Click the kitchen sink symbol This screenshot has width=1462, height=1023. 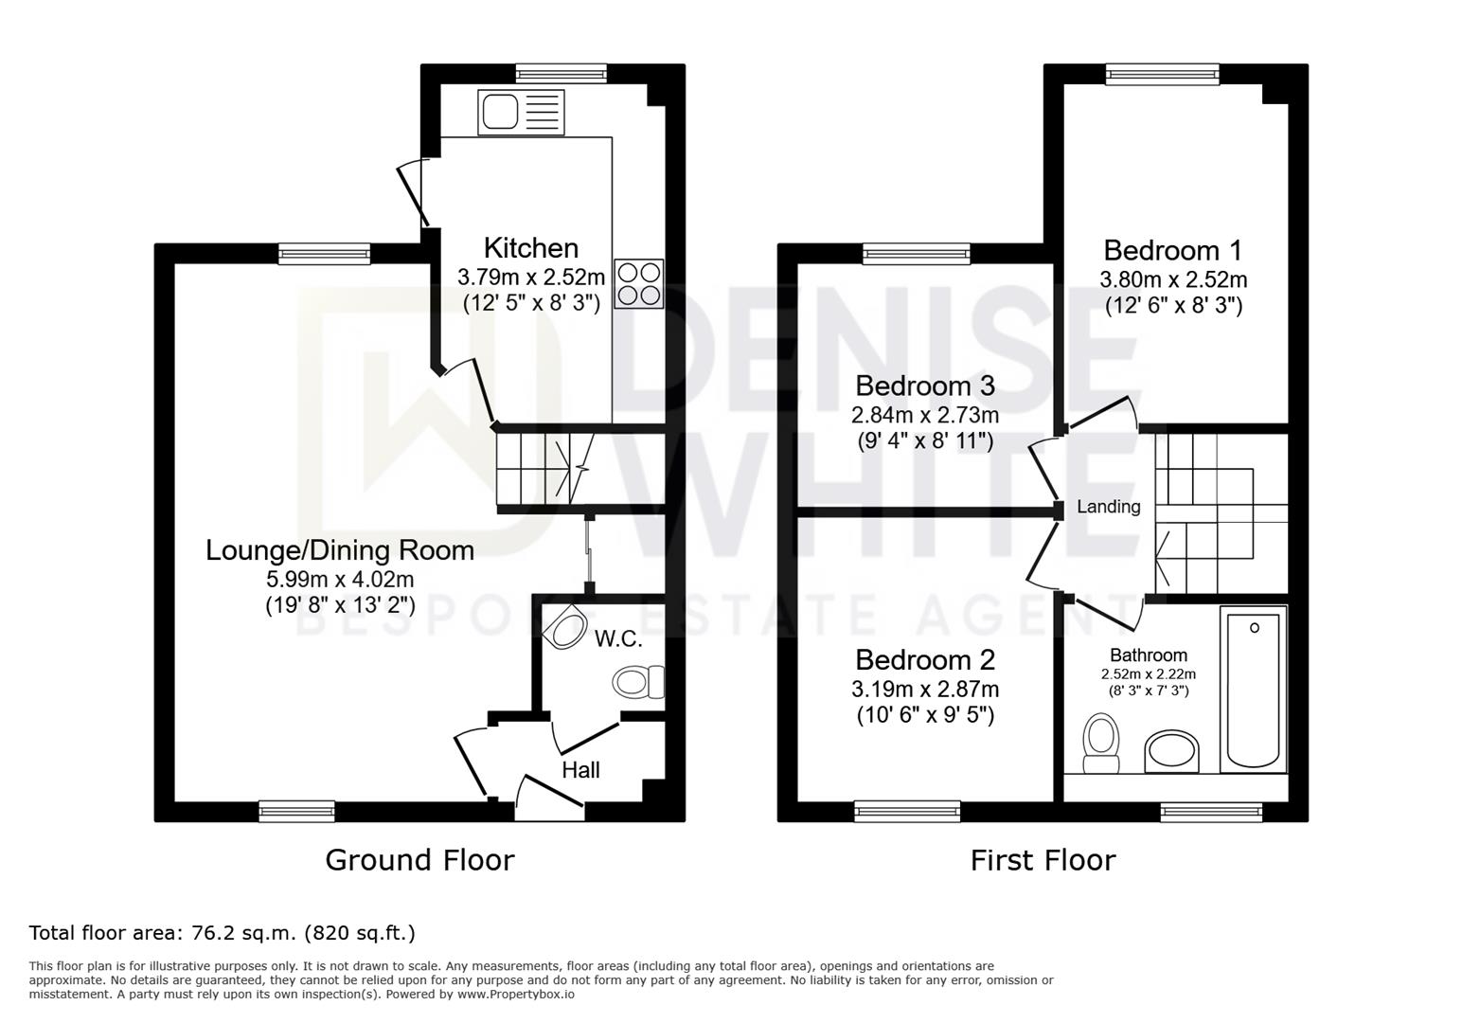(521, 113)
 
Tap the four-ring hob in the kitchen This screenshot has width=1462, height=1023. (638, 284)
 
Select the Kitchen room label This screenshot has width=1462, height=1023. (531, 248)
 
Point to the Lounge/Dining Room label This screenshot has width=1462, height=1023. (340, 550)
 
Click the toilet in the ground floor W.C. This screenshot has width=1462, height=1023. (638, 682)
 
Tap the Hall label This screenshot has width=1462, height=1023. (580, 770)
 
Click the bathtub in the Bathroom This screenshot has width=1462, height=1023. (1253, 690)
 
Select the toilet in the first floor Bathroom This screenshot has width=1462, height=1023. (1101, 744)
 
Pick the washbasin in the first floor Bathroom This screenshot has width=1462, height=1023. (1172, 751)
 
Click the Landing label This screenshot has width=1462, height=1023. (1108, 507)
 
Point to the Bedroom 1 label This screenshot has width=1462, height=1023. (1173, 250)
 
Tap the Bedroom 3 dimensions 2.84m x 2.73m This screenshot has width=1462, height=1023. (925, 415)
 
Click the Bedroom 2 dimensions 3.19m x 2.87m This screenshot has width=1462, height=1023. (925, 689)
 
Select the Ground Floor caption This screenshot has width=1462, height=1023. (419, 860)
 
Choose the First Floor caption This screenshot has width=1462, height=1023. (1043, 860)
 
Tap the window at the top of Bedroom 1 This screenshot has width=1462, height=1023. (1163, 74)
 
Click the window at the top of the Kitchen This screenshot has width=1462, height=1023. (562, 73)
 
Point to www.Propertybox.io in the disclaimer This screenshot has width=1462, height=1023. (516, 995)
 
